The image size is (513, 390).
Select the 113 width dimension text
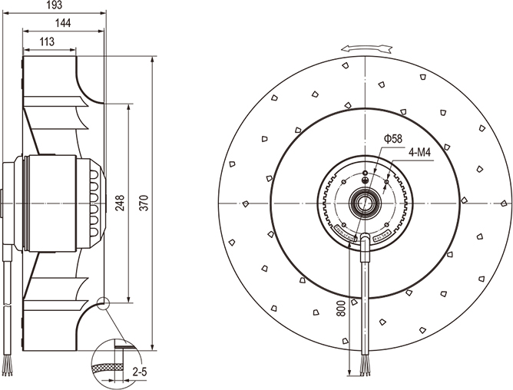click(x=47, y=42)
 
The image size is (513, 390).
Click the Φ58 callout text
click(x=392, y=139)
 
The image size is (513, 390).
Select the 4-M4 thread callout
click(x=419, y=153)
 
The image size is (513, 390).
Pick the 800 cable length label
click(x=341, y=309)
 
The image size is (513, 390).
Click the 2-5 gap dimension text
click(x=141, y=372)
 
